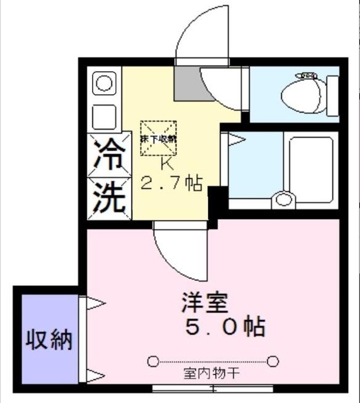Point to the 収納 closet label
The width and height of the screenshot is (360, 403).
click(49, 339)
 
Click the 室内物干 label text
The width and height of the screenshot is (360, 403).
click(212, 374)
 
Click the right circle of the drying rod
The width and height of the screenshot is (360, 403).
click(273, 360)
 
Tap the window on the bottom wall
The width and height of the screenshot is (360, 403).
click(213, 389)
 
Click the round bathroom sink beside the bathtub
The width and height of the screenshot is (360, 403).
click(284, 199)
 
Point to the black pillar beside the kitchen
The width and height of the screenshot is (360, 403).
click(215, 203)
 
